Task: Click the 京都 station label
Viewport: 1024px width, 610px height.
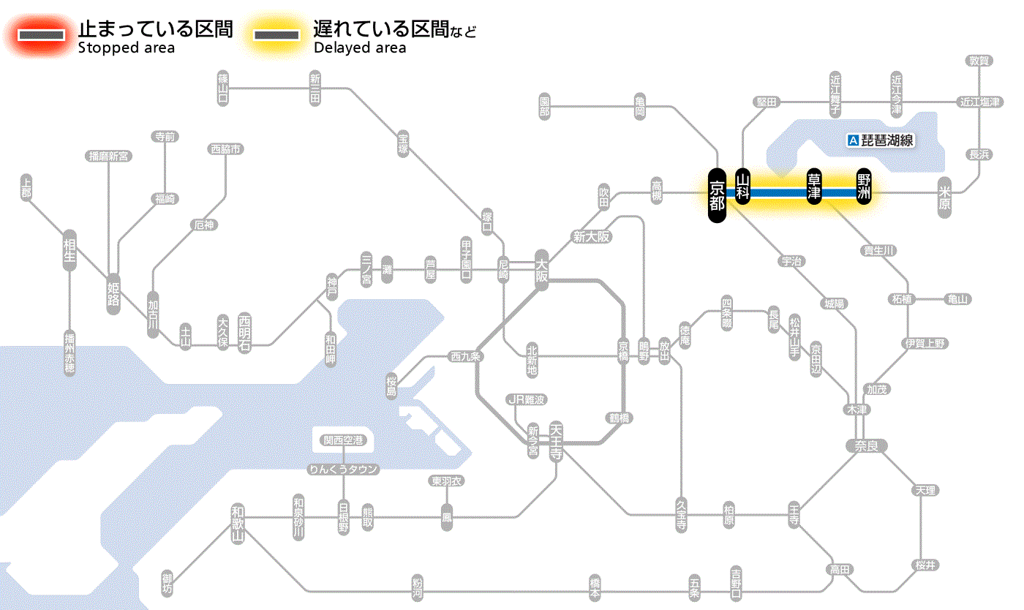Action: point(717,194)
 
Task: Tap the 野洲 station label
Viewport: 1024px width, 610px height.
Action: point(865,187)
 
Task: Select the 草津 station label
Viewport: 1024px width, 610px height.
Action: point(814,187)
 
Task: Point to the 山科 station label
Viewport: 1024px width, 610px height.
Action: point(743,187)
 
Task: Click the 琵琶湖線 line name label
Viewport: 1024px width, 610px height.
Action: point(881,140)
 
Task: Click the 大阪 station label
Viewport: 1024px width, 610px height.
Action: point(541,271)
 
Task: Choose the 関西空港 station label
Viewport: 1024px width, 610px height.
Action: point(343,440)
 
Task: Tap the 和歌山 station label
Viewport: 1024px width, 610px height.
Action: point(238,523)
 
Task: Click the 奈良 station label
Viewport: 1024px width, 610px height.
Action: point(866,445)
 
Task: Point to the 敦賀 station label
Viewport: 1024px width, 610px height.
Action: point(979,61)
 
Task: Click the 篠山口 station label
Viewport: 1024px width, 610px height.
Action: point(223,89)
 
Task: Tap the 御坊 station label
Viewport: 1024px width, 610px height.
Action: point(168,584)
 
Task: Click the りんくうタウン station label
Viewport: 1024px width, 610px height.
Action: point(343,470)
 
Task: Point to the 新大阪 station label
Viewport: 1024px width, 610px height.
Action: point(591,236)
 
